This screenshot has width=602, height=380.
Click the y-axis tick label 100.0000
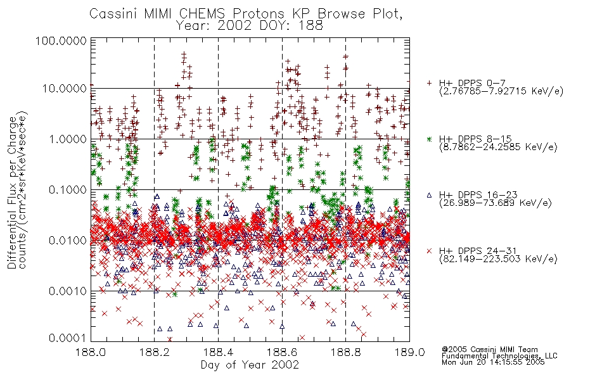click(61, 41)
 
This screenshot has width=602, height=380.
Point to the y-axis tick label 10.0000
click(65, 89)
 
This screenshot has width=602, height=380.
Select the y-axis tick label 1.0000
click(68, 139)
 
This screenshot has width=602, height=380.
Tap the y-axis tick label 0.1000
click(68, 190)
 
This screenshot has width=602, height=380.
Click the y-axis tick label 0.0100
click(68, 241)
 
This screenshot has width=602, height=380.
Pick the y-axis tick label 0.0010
click(68, 291)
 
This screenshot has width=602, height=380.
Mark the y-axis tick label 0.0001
click(68, 338)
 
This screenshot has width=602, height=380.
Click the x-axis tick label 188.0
click(91, 352)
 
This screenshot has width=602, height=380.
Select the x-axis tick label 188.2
click(155, 352)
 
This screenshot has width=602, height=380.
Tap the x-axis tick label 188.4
click(218, 352)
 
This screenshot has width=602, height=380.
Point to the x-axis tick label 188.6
click(282, 352)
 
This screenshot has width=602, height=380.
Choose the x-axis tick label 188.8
click(345, 352)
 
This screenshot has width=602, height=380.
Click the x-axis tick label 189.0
click(409, 352)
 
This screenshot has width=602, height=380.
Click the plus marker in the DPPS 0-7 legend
click(429, 83)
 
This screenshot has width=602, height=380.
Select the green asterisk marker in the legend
click(429, 139)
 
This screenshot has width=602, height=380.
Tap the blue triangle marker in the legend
click(429, 195)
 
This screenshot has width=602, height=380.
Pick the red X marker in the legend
click(429, 251)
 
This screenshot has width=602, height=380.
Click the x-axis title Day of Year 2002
click(250, 365)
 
